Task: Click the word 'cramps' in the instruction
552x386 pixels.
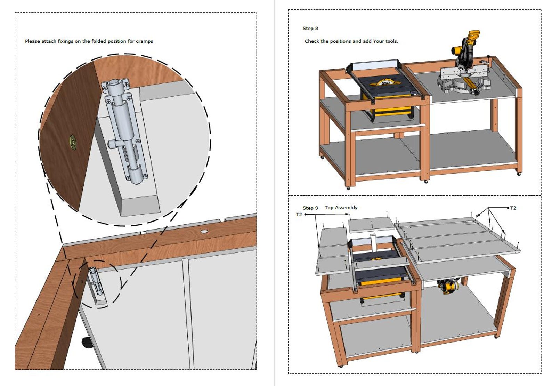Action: (x=144, y=41)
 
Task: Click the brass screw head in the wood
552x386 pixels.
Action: (x=73, y=142)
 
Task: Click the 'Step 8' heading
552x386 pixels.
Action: (x=310, y=28)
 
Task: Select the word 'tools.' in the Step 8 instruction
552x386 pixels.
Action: (x=392, y=41)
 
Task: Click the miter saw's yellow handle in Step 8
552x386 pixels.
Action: (x=473, y=35)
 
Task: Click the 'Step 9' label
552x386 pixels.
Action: (x=310, y=208)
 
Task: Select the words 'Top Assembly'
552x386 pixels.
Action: (x=341, y=207)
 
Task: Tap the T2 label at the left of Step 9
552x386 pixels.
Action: (x=299, y=214)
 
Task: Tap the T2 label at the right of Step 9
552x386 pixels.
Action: (x=513, y=208)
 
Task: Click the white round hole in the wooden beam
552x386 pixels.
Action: (x=204, y=231)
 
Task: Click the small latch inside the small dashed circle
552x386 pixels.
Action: (x=94, y=282)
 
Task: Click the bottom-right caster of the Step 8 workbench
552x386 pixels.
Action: (x=519, y=173)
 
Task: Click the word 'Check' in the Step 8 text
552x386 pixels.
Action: (x=312, y=41)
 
